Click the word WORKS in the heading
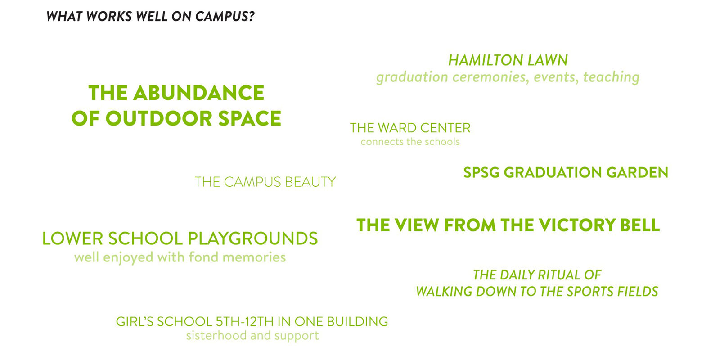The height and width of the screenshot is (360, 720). (109, 16)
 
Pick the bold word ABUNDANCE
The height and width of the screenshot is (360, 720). (198, 93)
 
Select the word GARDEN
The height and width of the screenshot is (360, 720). (637, 173)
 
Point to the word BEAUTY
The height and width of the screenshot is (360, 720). (310, 182)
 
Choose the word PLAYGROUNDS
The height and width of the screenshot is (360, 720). (252, 238)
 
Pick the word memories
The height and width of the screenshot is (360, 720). (254, 257)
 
